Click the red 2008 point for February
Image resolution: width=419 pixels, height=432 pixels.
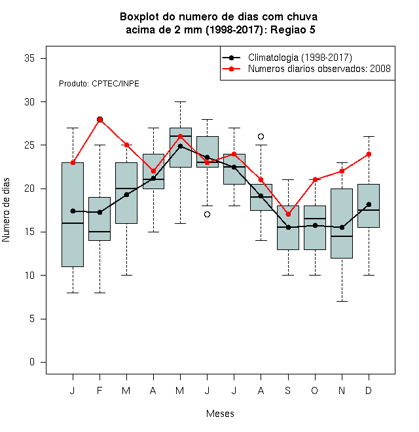(100, 119)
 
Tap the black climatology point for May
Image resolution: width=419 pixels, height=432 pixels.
(180, 146)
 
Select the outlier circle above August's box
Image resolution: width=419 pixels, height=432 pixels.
(261, 136)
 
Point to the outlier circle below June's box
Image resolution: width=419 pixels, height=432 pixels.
(208, 214)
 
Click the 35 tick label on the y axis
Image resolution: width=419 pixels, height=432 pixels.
(29, 58)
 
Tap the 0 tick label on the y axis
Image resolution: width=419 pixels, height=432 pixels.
(32, 362)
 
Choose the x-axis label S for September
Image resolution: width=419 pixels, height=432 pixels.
(288, 390)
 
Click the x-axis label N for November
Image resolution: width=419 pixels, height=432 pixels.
(342, 390)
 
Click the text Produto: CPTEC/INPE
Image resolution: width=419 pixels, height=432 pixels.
(99, 84)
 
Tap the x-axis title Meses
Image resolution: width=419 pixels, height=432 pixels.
(220, 414)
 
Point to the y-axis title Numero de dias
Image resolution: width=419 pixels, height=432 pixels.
(6, 210)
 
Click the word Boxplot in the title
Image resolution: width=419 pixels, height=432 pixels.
(139, 17)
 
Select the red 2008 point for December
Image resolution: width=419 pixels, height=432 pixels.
(369, 154)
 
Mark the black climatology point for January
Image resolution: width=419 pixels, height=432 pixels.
(73, 211)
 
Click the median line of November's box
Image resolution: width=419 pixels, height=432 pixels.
(342, 236)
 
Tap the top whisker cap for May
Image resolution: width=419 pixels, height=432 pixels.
(180, 101)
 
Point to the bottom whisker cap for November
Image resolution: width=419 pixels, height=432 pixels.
(342, 301)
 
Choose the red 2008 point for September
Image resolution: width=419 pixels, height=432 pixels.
(288, 214)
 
